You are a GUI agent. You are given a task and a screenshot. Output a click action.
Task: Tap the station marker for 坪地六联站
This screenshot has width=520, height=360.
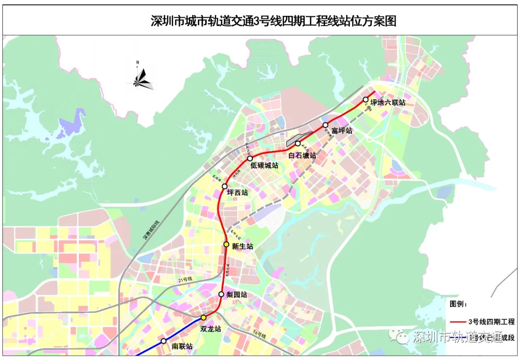365,100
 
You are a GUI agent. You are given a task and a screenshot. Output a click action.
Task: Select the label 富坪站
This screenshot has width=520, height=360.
342,131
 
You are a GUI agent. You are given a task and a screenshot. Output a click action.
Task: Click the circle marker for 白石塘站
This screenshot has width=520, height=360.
298,144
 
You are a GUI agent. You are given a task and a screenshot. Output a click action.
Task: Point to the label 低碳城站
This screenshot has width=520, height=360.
264,165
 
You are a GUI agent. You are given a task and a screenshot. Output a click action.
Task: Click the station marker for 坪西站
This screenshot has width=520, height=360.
224,187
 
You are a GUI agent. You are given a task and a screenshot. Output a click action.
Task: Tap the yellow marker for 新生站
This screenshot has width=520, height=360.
226,245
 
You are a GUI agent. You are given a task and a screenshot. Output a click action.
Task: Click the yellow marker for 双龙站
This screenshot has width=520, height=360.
203,318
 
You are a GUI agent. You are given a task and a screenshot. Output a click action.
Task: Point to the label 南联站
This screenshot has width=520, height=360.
182,346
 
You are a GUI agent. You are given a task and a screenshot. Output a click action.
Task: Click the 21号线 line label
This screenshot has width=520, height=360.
184,280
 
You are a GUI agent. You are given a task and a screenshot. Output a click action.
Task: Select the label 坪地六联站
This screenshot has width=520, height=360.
388,103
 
